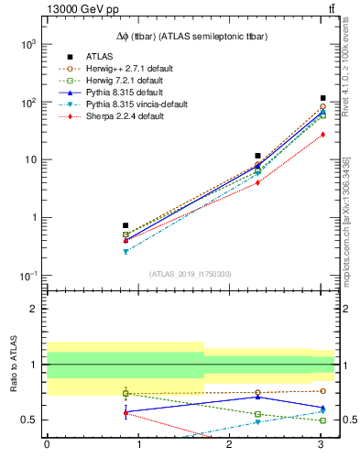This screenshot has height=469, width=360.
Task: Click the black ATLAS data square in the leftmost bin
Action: (x=125, y=225)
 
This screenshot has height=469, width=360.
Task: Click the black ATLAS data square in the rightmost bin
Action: (x=322, y=98)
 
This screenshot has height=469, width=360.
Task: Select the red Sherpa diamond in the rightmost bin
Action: (x=322, y=135)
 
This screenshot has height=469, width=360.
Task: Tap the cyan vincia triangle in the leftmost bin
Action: (x=125, y=251)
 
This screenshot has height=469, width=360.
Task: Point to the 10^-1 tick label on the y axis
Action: (x=28, y=276)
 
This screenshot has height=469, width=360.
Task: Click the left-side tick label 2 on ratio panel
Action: (x=34, y=309)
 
